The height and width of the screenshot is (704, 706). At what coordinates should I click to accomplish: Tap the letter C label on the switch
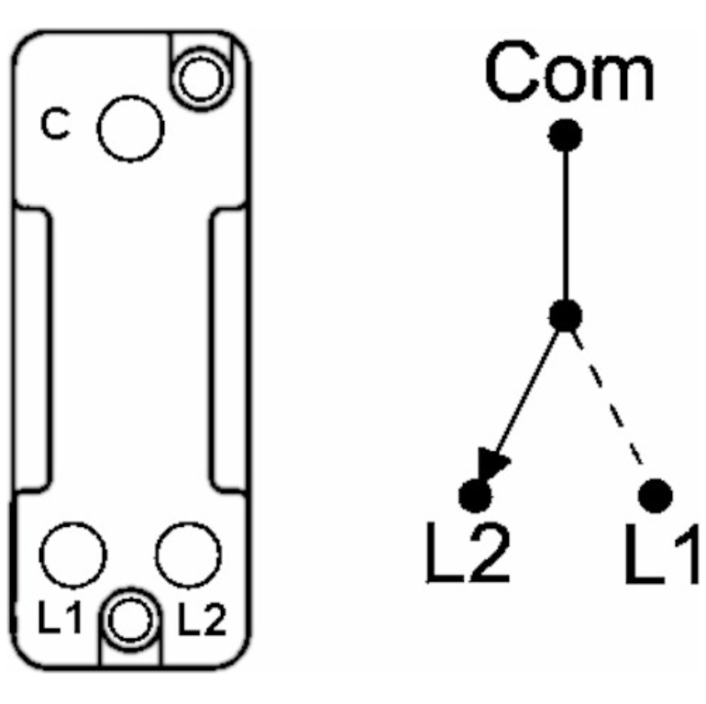(x=57, y=127)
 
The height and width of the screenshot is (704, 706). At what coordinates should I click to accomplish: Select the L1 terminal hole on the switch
(x=73, y=555)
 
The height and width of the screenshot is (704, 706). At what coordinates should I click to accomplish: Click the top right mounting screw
(x=203, y=80)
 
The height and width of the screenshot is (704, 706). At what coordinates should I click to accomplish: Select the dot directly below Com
(x=566, y=137)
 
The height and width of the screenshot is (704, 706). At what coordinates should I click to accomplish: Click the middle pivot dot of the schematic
(x=566, y=316)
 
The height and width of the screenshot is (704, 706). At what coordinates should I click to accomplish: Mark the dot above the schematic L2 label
(x=475, y=496)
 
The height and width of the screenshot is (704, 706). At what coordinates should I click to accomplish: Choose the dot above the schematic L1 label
(x=655, y=496)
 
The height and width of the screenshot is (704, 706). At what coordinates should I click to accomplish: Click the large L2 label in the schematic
(x=467, y=555)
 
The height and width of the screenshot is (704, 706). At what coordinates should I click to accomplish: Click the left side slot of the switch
(x=35, y=348)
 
